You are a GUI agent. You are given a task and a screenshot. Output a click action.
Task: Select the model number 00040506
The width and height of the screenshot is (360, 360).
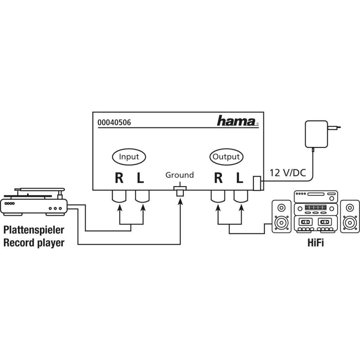(114, 122)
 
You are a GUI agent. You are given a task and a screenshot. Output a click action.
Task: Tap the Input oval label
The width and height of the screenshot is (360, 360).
(129, 157)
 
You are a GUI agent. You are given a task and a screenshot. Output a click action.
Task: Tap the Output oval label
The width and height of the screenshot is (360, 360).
(226, 157)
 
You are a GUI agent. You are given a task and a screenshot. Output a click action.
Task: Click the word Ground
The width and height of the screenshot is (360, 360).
(180, 175)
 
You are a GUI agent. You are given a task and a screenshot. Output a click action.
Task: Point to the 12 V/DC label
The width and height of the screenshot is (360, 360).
(288, 173)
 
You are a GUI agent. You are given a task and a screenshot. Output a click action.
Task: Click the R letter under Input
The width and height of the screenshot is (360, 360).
(119, 178)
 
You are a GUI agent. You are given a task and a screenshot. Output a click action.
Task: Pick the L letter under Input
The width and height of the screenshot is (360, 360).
(140, 178)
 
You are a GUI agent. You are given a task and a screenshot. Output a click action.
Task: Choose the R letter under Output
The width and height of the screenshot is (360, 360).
(218, 178)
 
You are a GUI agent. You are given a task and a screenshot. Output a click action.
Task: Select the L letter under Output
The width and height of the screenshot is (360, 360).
(240, 178)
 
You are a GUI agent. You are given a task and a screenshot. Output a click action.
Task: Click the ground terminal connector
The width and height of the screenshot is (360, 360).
(180, 191)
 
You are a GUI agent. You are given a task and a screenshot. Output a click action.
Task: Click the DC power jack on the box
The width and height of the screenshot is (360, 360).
(257, 183)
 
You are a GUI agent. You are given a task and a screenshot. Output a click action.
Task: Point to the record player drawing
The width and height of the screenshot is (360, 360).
(34, 202)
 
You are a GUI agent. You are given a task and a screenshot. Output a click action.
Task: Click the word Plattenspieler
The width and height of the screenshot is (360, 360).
(34, 230)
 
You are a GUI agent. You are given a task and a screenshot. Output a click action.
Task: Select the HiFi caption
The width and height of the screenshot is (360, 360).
(316, 243)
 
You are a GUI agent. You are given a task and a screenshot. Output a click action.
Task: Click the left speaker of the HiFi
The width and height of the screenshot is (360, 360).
(281, 216)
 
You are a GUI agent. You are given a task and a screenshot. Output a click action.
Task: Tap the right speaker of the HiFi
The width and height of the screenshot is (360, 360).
(350, 216)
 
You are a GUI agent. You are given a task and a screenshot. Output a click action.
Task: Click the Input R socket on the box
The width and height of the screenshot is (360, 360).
(119, 197)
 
